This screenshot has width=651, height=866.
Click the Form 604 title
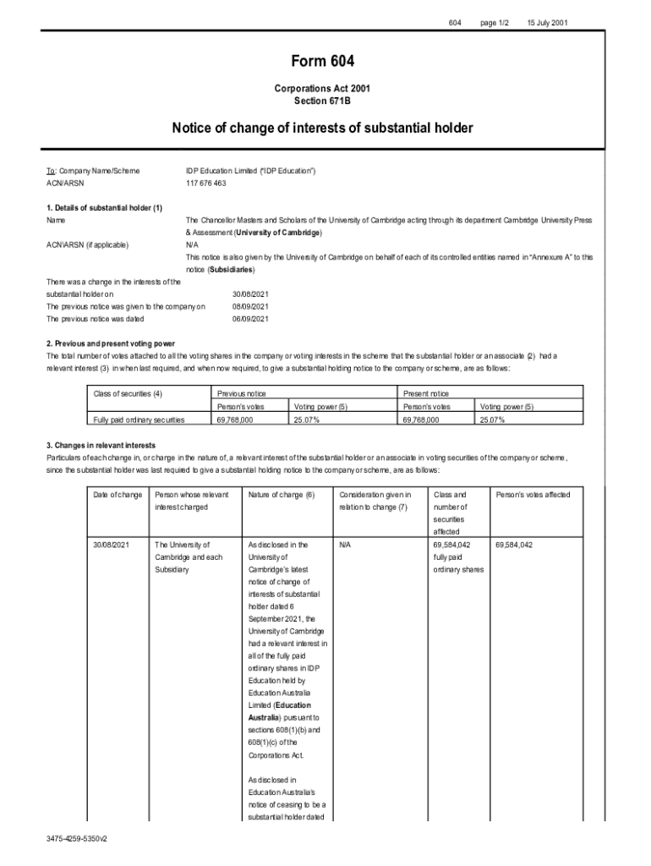coord(322,61)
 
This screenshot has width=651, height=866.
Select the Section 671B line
coord(322,101)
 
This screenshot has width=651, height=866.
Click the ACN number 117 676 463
coord(206,183)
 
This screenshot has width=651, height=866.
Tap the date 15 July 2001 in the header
coord(548,21)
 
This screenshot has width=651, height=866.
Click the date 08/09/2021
coord(250,306)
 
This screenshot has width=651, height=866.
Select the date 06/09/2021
coord(250,319)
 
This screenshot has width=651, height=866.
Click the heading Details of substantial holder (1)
coord(104,207)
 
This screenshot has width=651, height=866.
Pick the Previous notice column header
coord(242,393)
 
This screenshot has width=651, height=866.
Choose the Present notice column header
coord(427,393)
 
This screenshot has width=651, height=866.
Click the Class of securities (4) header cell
coord(128,393)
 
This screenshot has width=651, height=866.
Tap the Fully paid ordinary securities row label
coord(138,419)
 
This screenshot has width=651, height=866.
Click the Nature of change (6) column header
coord(282,494)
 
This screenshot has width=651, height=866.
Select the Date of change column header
coord(118,494)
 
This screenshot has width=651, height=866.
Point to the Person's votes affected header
coord(533,494)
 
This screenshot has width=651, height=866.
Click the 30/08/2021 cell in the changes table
coord(112,545)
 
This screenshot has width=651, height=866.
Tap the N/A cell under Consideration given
coord(344,545)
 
